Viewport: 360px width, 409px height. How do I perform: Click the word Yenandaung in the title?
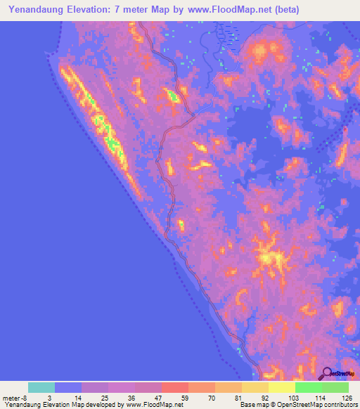(x=32, y=10)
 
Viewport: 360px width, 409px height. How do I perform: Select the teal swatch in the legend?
(x=41, y=387)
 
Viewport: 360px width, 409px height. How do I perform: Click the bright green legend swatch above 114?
(x=309, y=387)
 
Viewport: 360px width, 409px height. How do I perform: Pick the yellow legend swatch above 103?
(x=282, y=387)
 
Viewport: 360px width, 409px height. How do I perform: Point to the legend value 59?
(x=175, y=398)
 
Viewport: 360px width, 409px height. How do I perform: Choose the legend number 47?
(x=148, y=398)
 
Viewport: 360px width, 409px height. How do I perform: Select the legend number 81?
(x=229, y=398)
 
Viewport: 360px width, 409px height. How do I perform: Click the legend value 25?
(x=95, y=398)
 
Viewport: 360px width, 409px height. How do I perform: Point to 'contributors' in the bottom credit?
(x=339, y=404)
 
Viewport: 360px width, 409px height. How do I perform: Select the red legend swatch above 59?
(x=175, y=387)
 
